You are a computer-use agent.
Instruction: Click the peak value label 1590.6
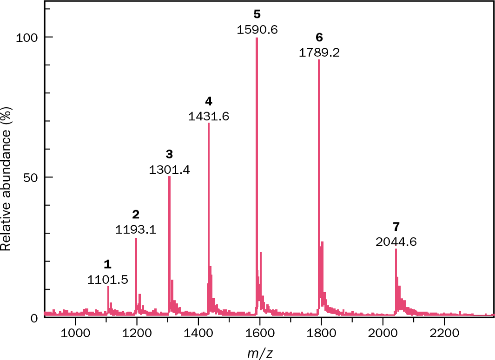click(x=257, y=30)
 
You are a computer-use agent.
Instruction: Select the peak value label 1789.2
click(x=319, y=52)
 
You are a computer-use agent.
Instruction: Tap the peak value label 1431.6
click(x=209, y=116)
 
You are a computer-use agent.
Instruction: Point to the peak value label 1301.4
click(x=169, y=170)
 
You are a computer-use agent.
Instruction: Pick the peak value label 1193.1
click(x=136, y=229)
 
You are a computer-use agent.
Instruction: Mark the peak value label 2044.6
click(x=396, y=242)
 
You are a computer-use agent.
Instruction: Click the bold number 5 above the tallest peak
click(x=257, y=14)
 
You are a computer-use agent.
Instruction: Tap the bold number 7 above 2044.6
click(x=396, y=227)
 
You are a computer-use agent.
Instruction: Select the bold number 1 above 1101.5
click(x=108, y=265)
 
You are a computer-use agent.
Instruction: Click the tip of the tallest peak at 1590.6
click(x=257, y=38)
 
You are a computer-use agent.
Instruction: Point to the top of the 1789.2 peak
click(x=319, y=60)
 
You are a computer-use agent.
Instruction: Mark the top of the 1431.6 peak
click(x=209, y=124)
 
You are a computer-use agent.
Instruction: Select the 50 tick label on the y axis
click(x=31, y=177)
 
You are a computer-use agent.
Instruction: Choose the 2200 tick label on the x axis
click(x=444, y=333)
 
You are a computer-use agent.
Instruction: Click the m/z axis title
click(x=260, y=353)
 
